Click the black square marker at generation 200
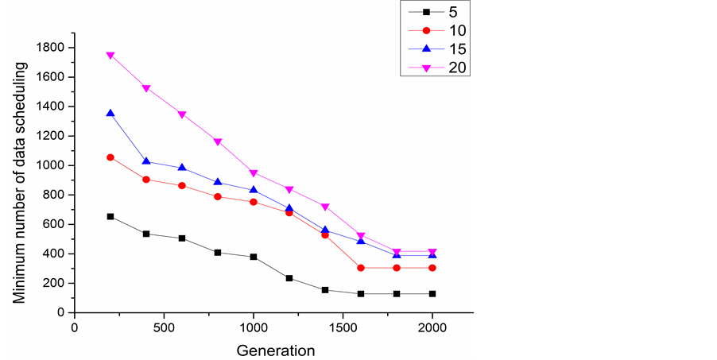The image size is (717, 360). [x=110, y=216]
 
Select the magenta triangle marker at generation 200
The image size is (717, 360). [x=110, y=56]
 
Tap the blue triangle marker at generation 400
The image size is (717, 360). [x=146, y=161]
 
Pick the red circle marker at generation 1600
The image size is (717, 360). [x=361, y=268]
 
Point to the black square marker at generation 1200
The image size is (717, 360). [x=289, y=278]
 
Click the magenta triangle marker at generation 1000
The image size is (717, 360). [x=254, y=173]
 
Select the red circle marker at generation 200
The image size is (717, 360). [x=110, y=157]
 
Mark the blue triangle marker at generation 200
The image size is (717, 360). [x=110, y=114]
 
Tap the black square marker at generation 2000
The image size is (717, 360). [x=432, y=293]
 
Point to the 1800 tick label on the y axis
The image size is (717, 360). [x=51, y=48]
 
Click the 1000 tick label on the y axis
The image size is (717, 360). [x=51, y=165]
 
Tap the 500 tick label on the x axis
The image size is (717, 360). [x=164, y=327]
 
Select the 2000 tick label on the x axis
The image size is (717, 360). [x=432, y=327]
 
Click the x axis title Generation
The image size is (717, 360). [x=274, y=350]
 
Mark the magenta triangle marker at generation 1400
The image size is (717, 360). [x=325, y=207]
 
